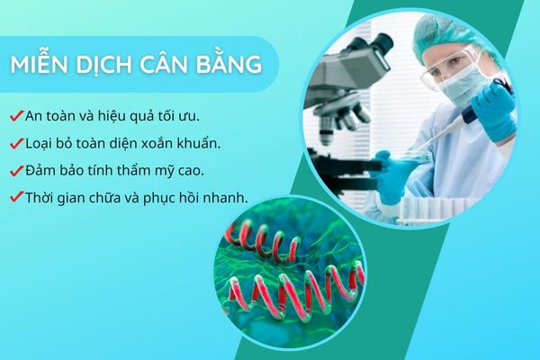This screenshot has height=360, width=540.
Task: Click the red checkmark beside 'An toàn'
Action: tap(16, 116)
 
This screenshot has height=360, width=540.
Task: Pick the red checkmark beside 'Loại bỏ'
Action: tap(16, 143)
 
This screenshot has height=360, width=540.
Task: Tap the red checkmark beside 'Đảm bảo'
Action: tap(16, 170)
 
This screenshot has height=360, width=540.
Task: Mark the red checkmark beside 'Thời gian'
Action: tap(16, 197)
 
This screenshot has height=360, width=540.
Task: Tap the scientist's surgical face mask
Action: tap(457, 85)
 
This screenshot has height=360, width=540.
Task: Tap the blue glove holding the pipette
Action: tap(491, 110)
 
